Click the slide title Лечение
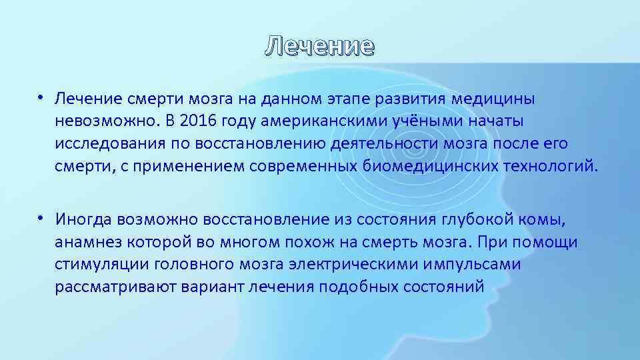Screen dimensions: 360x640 pyautogui.click(x=320, y=46)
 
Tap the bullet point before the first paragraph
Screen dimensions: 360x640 pyautogui.click(x=41, y=99)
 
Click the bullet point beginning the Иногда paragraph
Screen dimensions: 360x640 pyautogui.click(x=41, y=219)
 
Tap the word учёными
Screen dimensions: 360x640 pyautogui.click(x=397, y=121)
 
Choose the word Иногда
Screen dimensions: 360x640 pyautogui.click(x=83, y=219)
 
